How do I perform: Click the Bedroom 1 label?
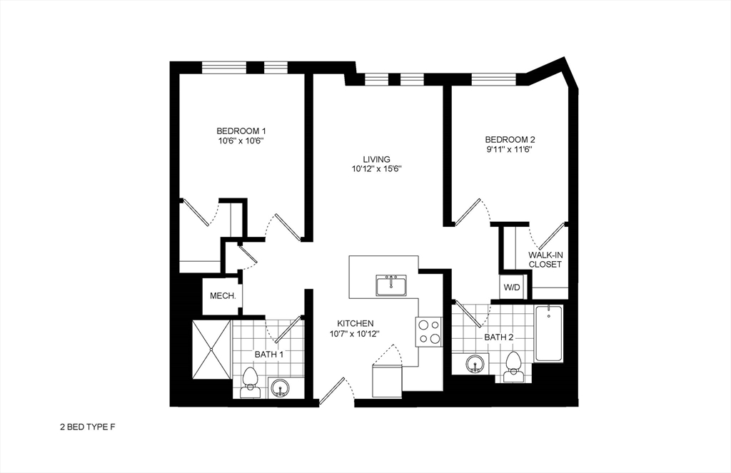pos(241,131)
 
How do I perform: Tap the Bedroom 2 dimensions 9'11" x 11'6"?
pos(510,150)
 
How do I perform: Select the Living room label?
pos(376,159)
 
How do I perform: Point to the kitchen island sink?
pos(391,285)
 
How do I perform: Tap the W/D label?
pos(513,288)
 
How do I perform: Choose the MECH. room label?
pos(223,296)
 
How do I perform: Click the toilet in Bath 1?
pos(250,382)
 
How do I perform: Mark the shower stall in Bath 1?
pos(211,350)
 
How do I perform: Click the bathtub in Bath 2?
pos(549,333)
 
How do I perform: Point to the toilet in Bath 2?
pos(512,365)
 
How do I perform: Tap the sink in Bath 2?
pos(475,365)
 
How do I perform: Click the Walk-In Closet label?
pos(545,260)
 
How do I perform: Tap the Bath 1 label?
pos(269,354)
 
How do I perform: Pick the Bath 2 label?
pos(499,337)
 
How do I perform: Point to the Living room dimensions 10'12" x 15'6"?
pos(377,170)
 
